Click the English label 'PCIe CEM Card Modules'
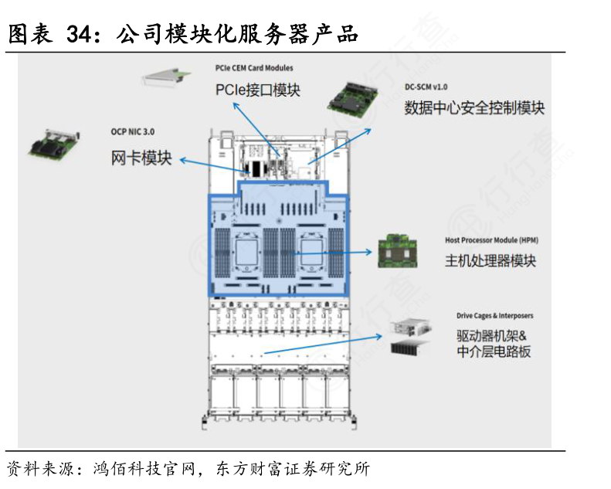(x=253, y=68)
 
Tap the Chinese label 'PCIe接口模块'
(x=257, y=90)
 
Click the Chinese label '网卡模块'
(x=141, y=159)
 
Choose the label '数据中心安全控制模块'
(x=474, y=108)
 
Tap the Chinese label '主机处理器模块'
(x=490, y=260)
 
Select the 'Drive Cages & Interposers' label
(x=495, y=315)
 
